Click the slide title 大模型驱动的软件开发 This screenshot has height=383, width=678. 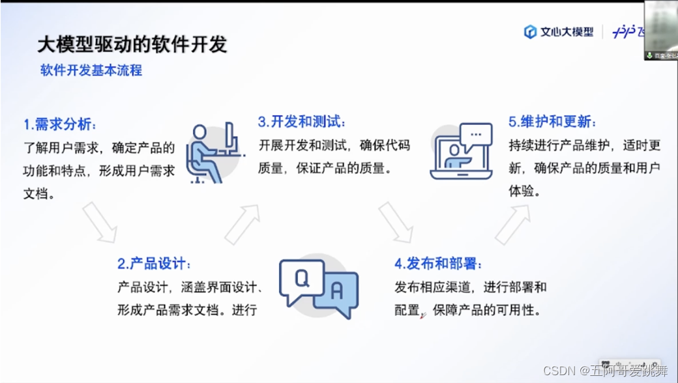click(x=132, y=44)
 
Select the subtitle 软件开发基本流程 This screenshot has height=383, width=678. click(x=91, y=70)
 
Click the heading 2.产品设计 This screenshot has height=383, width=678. click(x=155, y=264)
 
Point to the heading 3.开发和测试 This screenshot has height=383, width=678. click(x=302, y=122)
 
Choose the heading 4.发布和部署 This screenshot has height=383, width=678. click(x=438, y=264)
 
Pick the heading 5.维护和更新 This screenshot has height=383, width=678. click(x=552, y=122)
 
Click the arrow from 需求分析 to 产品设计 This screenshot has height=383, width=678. click(x=100, y=221)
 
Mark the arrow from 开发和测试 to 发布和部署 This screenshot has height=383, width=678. click(x=396, y=222)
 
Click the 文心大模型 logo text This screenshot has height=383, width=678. click(x=566, y=32)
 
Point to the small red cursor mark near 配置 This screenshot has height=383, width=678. click(x=423, y=315)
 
